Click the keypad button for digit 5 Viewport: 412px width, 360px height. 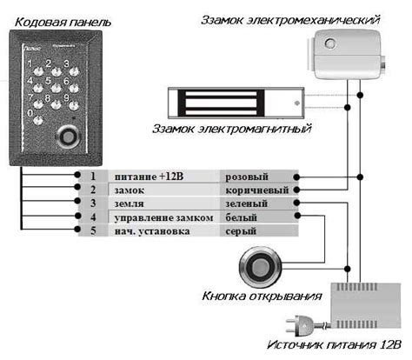tap(56, 88)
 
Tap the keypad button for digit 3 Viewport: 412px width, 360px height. tap(74, 71)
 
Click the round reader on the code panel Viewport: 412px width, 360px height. tap(69, 137)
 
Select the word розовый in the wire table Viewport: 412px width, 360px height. tap(247, 177)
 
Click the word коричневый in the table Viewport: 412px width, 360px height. tap(257, 190)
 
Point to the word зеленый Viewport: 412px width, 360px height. tap(247, 203)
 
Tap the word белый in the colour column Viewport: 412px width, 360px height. tap(242, 217)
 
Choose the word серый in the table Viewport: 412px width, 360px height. tap(241, 231)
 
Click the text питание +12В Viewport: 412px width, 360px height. tap(149, 177)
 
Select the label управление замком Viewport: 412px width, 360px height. tap(164, 217)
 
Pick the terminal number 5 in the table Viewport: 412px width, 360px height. tap(93, 230)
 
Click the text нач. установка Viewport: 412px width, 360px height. tap(152, 231)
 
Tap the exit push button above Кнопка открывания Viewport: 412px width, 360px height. tap(261, 267)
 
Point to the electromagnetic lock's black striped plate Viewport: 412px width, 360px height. tap(221, 103)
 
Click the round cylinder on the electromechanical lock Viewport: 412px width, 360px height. tap(330, 43)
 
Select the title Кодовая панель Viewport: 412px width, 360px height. tap(63, 22)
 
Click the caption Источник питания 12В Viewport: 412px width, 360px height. tap(334, 345)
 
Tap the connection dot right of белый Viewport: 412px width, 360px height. tap(297, 216)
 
